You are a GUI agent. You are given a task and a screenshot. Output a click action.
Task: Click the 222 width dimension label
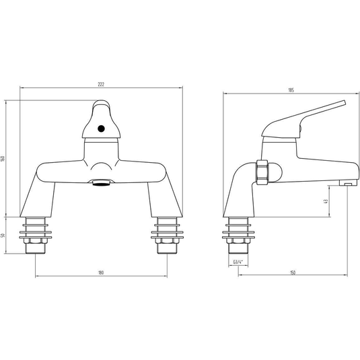pyautogui.click(x=101, y=84)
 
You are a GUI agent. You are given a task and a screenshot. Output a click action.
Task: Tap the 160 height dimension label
pyautogui.click(x=3, y=158)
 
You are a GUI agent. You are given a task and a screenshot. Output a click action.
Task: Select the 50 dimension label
pyautogui.click(x=3, y=236)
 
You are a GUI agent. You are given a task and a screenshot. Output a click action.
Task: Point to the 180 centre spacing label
pyautogui.click(x=101, y=273)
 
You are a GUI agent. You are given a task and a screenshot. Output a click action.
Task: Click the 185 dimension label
pyautogui.click(x=291, y=90)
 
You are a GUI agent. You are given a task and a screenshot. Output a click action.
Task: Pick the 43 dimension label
pyautogui.click(x=325, y=201)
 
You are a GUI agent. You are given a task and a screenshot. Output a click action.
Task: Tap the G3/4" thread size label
pyautogui.click(x=238, y=262)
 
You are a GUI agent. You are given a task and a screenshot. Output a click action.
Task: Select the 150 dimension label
pyautogui.click(x=293, y=273)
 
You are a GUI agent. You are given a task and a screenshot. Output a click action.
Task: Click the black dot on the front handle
pyautogui.click(x=101, y=129)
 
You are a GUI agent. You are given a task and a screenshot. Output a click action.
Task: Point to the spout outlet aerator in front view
pyautogui.click(x=101, y=183)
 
